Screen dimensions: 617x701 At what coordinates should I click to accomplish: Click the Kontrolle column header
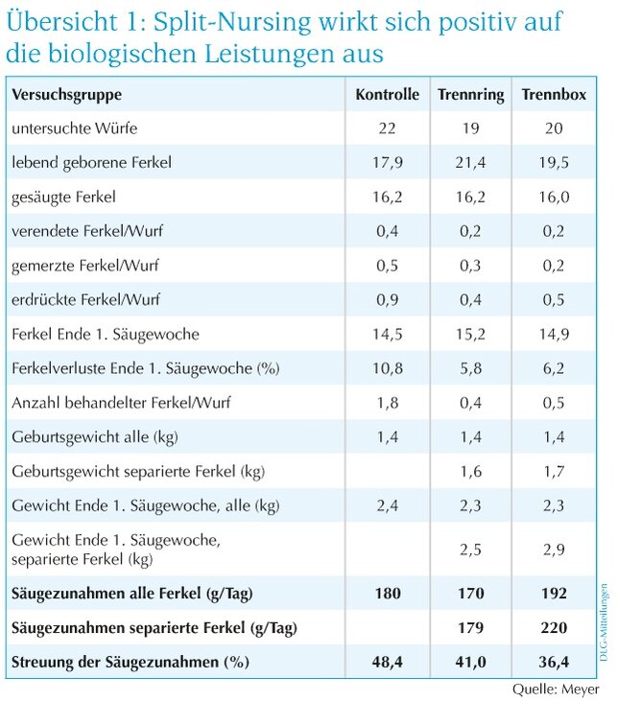tap(388, 94)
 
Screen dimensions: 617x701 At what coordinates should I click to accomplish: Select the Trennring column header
tap(471, 95)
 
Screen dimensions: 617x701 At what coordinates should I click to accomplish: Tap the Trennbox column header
tap(554, 94)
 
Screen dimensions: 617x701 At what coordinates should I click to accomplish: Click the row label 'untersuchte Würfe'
tap(75, 129)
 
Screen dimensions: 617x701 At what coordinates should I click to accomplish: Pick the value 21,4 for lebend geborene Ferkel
tap(471, 162)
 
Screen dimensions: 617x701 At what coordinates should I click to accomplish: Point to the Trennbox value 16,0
tap(554, 197)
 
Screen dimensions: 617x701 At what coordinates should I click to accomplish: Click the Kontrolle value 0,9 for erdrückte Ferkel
tap(388, 299)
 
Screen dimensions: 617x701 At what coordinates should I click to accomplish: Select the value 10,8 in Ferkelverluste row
tap(388, 368)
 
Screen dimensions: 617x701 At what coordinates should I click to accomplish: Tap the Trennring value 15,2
tap(471, 334)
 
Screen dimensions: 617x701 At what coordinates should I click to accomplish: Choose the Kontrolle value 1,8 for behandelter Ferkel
tap(388, 403)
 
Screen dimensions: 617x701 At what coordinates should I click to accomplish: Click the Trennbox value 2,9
tap(554, 549)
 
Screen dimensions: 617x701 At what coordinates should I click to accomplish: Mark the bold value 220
tap(554, 628)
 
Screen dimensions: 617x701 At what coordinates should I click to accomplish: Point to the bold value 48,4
tap(388, 662)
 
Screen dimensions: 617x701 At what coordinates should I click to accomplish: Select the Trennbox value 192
tap(554, 594)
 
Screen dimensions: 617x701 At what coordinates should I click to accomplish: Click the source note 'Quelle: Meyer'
tap(556, 689)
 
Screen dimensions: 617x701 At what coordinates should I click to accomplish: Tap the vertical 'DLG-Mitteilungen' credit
tap(604, 621)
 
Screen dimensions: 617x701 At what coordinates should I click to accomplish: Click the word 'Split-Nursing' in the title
tap(232, 22)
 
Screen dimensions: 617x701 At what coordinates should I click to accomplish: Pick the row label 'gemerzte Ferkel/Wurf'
tap(85, 266)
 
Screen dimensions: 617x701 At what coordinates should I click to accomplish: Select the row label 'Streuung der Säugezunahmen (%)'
tap(131, 662)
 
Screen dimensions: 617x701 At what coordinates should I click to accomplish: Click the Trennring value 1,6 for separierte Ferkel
tap(471, 471)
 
